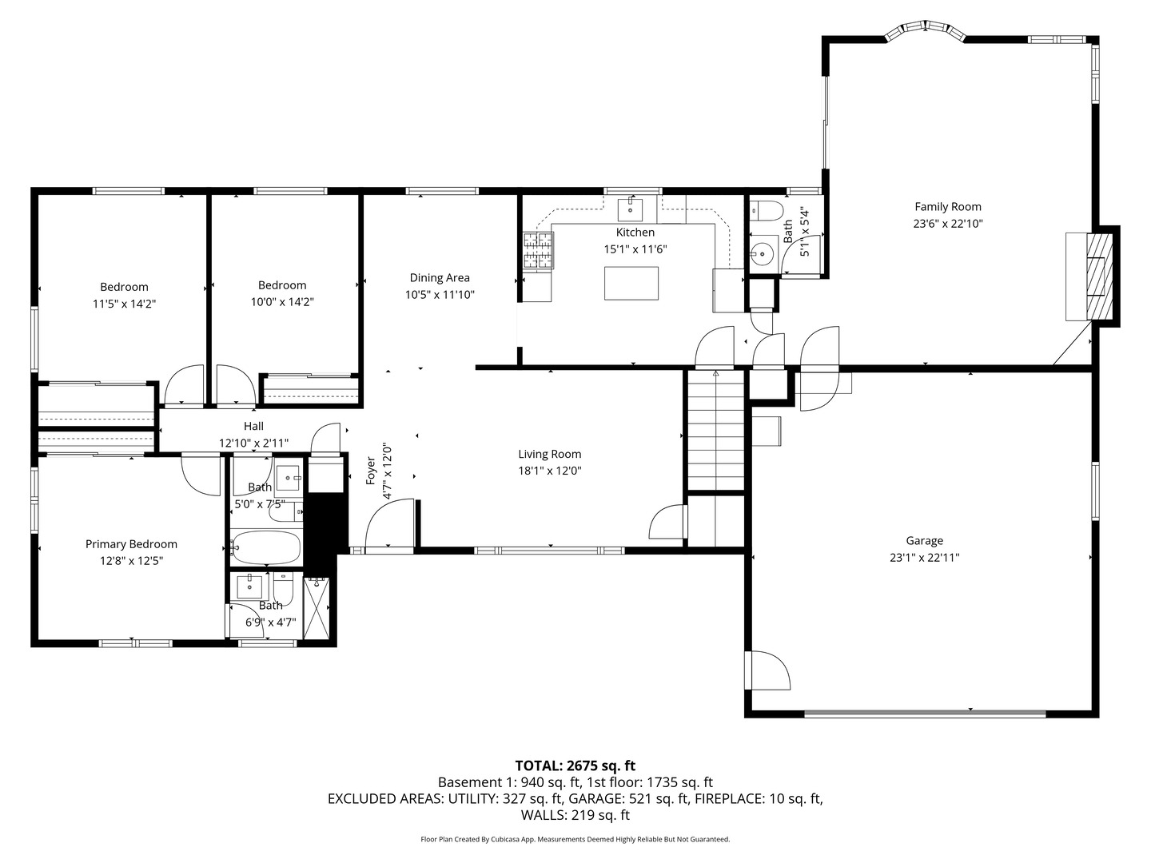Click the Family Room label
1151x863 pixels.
(947, 207)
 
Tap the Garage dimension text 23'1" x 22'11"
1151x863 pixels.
(924, 558)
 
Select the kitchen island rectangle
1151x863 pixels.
(631, 283)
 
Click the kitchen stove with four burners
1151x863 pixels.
(538, 250)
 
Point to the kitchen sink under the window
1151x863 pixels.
(630, 209)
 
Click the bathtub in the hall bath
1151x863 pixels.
(266, 548)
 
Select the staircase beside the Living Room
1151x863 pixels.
(715, 430)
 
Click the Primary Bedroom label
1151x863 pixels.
(131, 544)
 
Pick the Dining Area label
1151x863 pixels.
(440, 278)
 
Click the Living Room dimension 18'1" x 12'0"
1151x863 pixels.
(550, 471)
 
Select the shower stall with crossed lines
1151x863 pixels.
(317, 607)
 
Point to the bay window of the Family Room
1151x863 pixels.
(925, 31)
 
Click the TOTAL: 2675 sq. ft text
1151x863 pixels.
(575, 766)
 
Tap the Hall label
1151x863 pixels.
(253, 426)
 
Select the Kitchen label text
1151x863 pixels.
(635, 232)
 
